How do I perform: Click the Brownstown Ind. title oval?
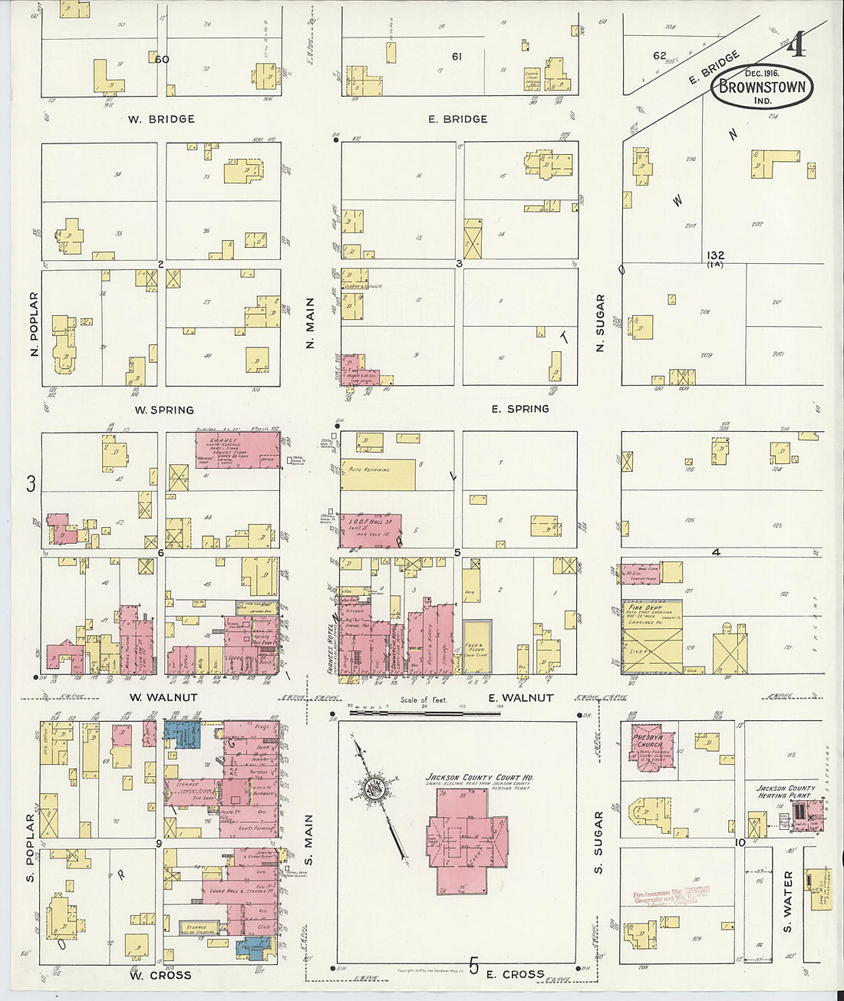tap(762, 85)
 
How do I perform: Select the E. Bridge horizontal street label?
tap(458, 119)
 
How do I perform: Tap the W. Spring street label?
tap(164, 410)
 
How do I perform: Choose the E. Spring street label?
tap(520, 409)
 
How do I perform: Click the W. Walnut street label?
tap(163, 697)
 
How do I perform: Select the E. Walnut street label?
tap(521, 697)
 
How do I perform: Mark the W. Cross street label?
tap(160, 975)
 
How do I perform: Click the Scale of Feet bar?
tap(424, 713)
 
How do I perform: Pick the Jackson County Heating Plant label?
tap(786, 792)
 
